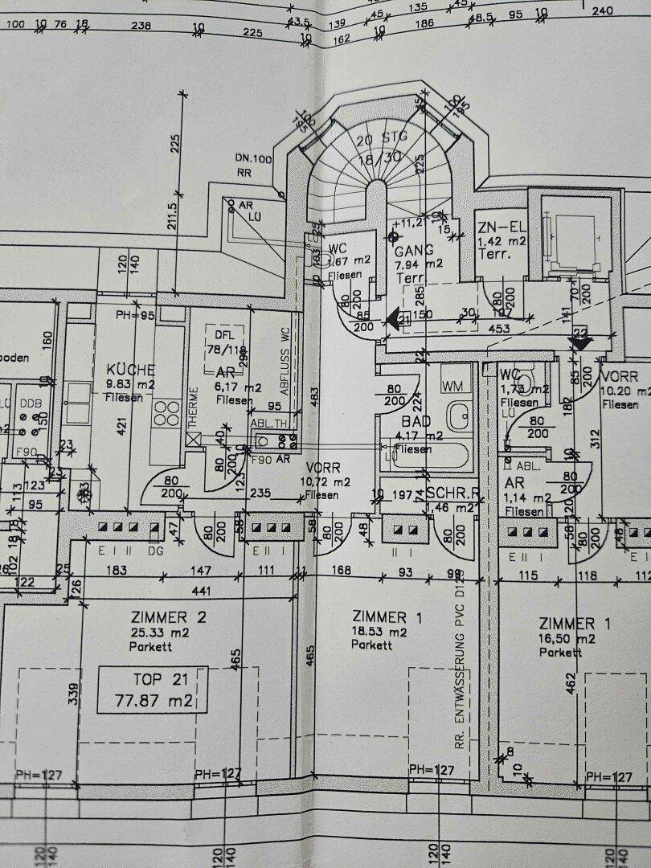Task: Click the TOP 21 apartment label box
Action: point(152,690)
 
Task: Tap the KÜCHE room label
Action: point(131,370)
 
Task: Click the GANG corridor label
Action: point(415,250)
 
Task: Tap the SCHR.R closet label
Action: point(452,492)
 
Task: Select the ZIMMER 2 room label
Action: point(169,617)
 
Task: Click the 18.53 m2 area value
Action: point(380,632)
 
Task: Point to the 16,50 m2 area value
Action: point(567,639)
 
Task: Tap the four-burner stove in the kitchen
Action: point(167,413)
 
